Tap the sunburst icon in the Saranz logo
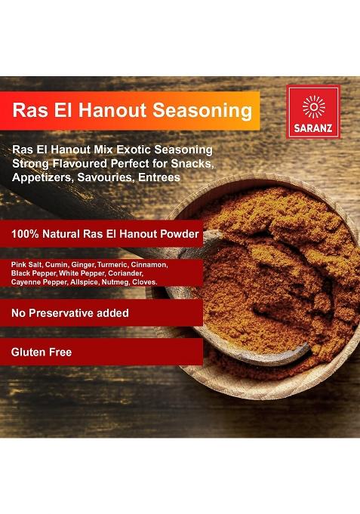(313, 106)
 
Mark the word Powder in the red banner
(180, 235)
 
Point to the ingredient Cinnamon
(153, 265)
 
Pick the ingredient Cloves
(145, 282)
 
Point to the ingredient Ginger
(83, 265)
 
